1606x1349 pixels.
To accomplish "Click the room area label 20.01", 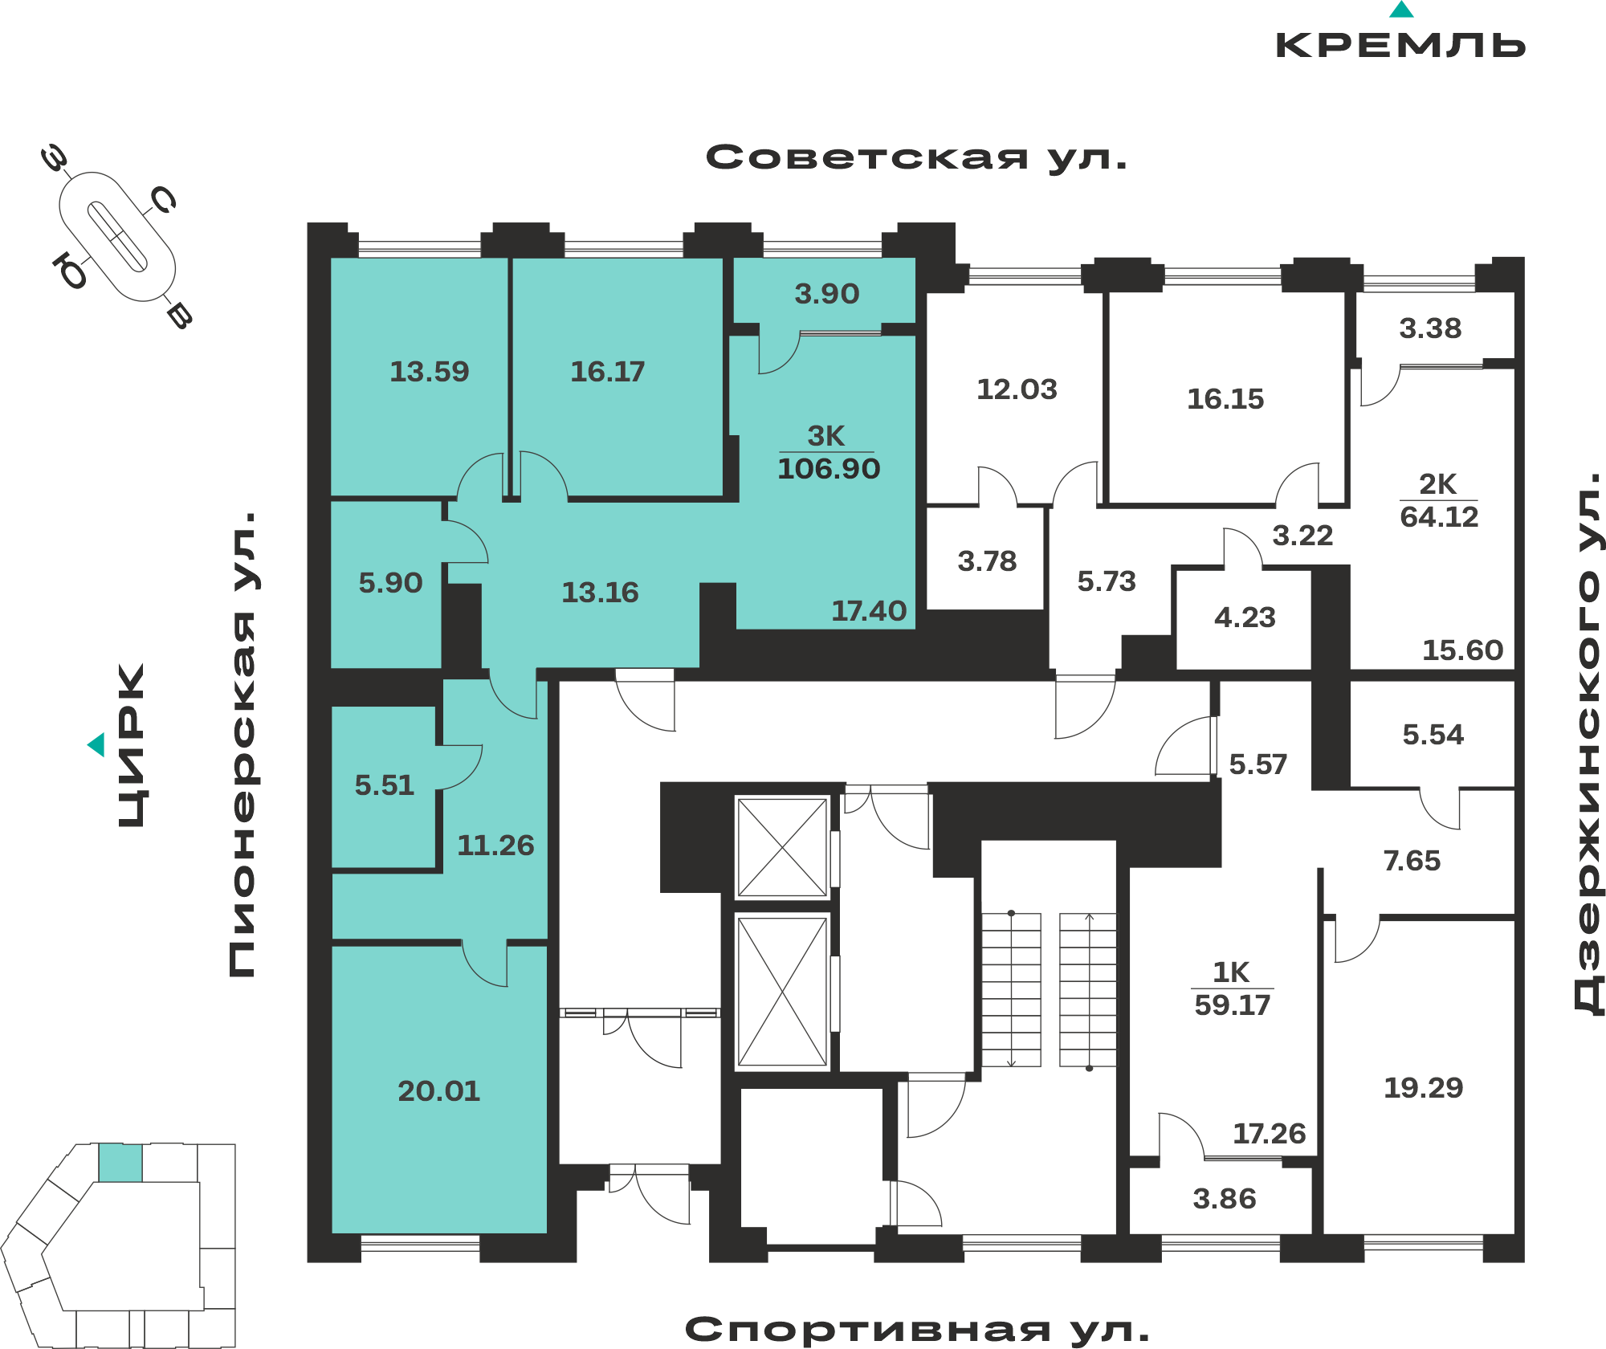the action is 438,1090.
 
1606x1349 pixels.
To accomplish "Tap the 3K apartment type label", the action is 826,436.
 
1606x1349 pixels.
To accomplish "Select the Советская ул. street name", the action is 916,157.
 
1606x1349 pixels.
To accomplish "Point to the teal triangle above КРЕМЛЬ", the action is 1401,10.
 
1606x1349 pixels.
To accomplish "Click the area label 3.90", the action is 827,294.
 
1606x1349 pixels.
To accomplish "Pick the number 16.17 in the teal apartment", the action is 607,371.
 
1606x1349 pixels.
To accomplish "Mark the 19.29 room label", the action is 1423,1087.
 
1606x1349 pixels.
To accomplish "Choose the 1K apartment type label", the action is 1231,972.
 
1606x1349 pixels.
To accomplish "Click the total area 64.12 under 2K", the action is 1439,516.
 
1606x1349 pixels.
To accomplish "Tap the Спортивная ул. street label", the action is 917,1330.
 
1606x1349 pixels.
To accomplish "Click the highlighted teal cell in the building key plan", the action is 120,1163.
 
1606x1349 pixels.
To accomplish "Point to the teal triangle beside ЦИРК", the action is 96,744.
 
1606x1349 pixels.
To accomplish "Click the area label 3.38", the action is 1430,328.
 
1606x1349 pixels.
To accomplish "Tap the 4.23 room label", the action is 1245,617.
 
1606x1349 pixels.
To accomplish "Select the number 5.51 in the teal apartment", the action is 385,785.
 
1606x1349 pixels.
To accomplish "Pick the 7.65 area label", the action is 1412,861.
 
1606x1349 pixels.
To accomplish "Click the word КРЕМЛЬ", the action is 1401,45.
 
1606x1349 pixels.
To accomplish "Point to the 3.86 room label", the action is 1224,1199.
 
